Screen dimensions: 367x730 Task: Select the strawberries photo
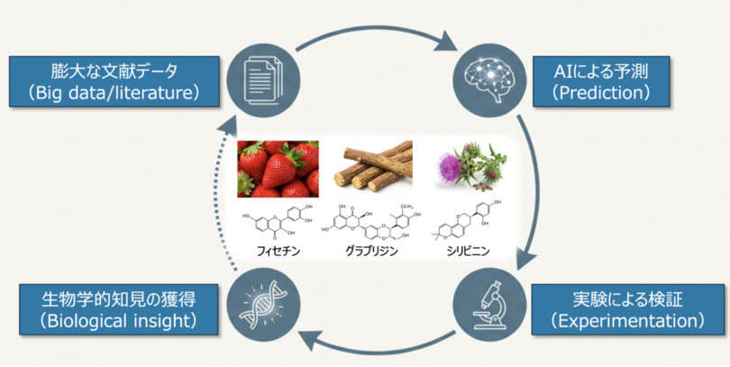(x=278, y=169)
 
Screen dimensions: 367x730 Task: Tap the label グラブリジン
(x=370, y=252)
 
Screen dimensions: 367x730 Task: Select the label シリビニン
(x=466, y=251)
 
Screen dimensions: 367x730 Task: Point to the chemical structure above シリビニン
(x=466, y=221)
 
